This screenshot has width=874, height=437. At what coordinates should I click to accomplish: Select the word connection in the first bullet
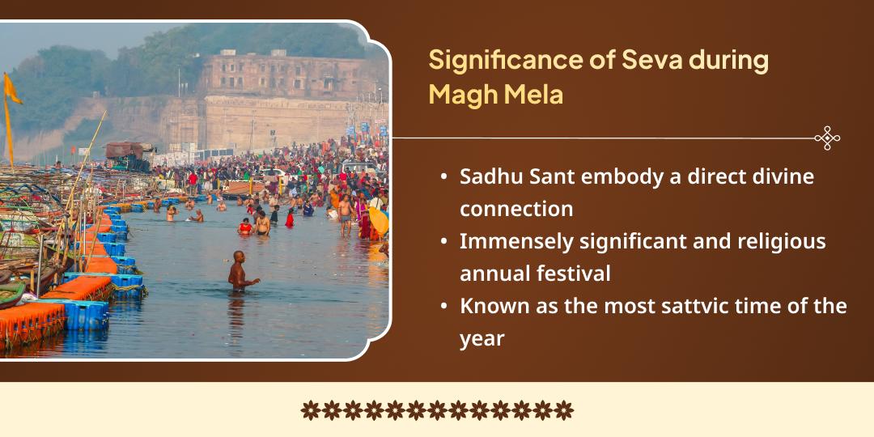pos(516,209)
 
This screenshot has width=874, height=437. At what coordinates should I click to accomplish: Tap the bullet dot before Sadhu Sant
pos(445,177)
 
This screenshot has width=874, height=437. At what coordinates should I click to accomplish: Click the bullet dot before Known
pos(445,308)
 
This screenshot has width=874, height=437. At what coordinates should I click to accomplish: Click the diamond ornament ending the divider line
pos(826,138)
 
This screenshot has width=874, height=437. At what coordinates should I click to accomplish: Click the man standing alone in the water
pos(238,272)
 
